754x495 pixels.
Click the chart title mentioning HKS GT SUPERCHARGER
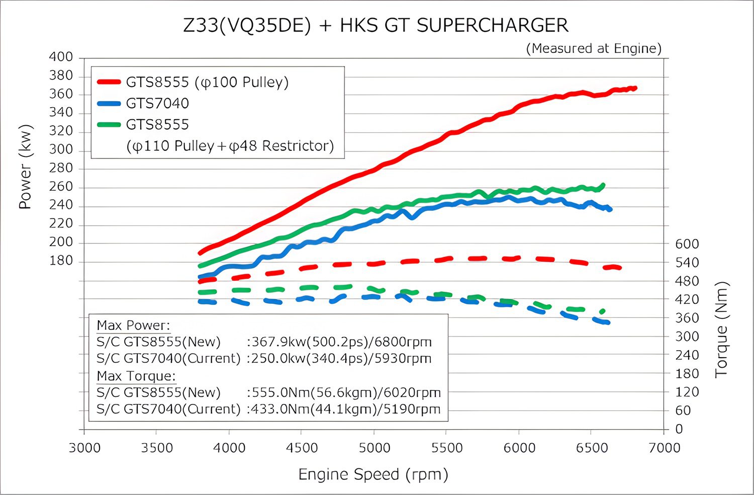coord(376,25)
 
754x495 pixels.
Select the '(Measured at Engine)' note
coord(594,48)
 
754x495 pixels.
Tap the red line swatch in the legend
coord(109,82)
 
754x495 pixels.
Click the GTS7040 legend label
coord(157,103)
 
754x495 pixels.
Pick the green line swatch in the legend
coord(109,125)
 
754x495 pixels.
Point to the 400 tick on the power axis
coord(61,57)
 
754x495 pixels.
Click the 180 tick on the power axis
coord(61,261)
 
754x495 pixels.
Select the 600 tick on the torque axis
coord(687,244)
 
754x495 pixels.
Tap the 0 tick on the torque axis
coord(679,429)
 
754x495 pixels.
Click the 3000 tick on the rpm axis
coord(84,448)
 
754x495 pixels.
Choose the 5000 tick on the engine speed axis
coord(374,448)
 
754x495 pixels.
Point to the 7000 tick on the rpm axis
coord(664,448)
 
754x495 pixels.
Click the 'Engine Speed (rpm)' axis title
coord(373,474)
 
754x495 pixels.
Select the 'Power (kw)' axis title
coord(25,167)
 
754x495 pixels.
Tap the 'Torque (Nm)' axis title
coord(721,329)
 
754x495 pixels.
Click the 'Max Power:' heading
coord(133,325)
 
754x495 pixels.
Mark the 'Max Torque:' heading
coord(136,376)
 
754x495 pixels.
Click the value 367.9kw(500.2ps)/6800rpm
coord(339,342)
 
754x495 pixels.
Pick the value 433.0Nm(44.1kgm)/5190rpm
coord(344,409)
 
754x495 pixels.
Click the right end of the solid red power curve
coord(635,88)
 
